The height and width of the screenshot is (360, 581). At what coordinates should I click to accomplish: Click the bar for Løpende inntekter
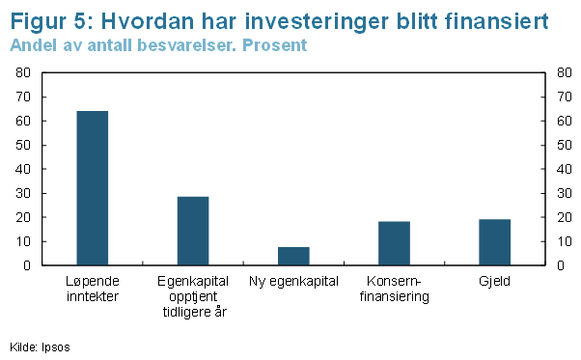coord(93,188)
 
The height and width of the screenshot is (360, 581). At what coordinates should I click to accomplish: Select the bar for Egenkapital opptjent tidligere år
coord(193,231)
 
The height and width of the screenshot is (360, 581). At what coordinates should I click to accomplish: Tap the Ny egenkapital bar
coord(293,256)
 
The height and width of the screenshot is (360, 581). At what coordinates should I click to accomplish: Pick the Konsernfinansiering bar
coord(394,243)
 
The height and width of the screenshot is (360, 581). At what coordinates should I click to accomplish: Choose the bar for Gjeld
coord(495,242)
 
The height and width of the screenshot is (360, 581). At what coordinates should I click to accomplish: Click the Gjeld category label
coord(495,282)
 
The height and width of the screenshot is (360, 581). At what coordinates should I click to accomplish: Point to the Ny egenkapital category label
coord(293,282)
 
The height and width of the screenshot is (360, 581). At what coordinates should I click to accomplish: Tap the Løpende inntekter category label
coord(93,289)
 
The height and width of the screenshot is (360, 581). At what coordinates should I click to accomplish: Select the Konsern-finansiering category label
coord(394,290)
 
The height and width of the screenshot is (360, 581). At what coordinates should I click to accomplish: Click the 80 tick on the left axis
coord(23,72)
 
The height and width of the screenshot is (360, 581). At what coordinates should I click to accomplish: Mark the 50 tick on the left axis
coord(23,145)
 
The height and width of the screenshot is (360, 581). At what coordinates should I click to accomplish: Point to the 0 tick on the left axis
coord(27,265)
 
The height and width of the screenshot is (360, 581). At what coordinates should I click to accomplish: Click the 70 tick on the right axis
coord(565,97)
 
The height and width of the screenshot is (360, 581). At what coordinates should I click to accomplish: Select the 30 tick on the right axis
coord(565,193)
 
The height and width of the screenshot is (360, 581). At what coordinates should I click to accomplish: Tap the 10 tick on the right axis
coord(565,241)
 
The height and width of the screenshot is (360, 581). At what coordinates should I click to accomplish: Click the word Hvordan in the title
coord(148,21)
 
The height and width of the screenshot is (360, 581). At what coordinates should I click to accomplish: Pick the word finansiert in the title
coord(496,21)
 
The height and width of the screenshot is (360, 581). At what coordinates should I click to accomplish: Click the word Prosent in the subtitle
coord(274,45)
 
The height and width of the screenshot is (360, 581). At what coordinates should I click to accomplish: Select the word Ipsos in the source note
coord(56,347)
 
